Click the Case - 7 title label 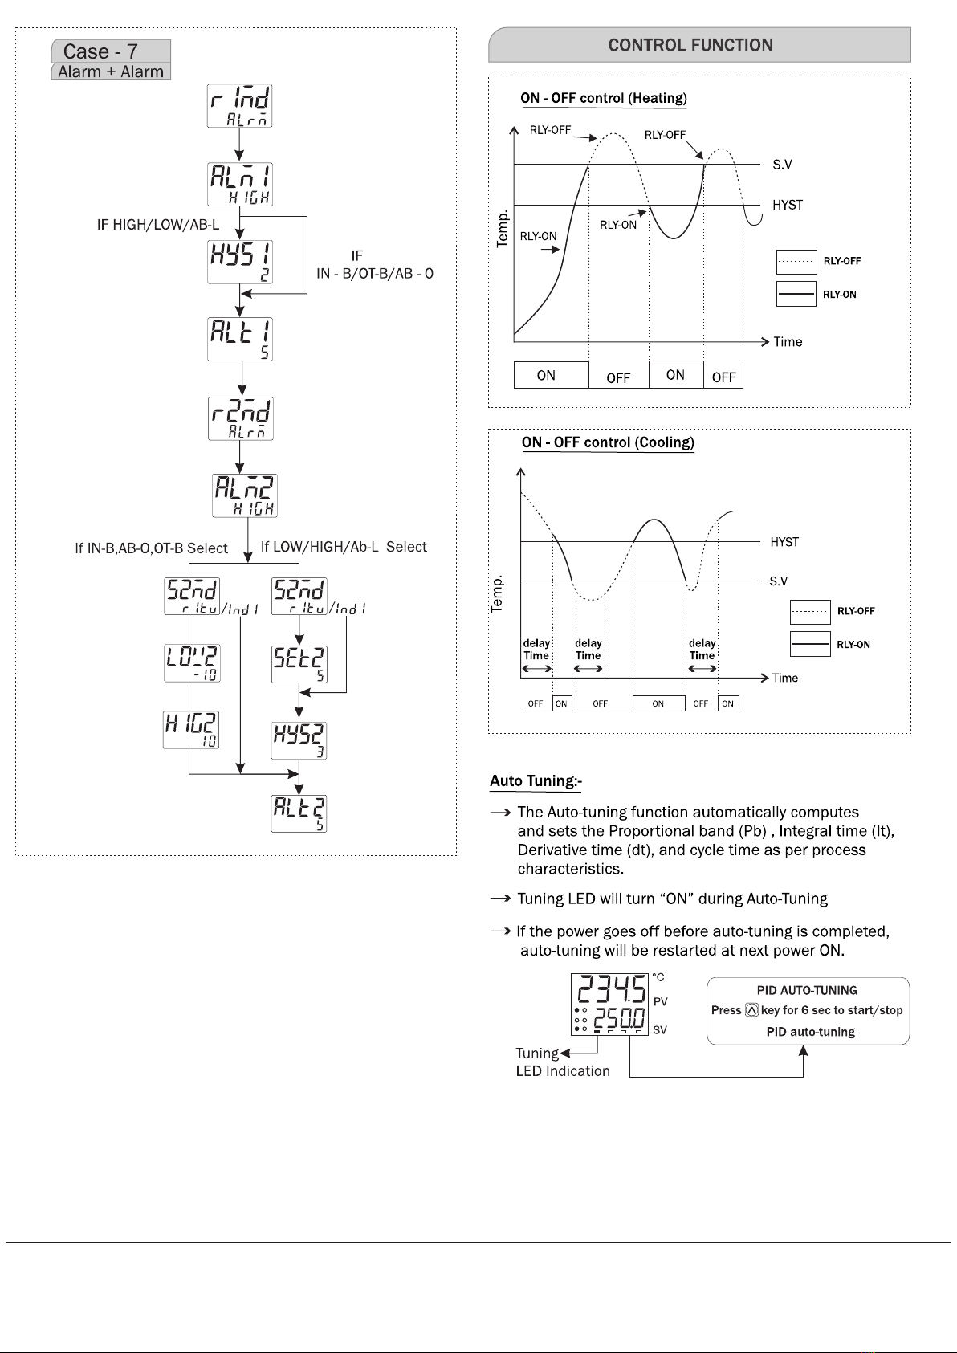[101, 51]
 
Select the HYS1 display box [240, 262]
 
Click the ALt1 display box [240, 339]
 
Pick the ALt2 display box [299, 813]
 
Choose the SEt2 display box [299, 664]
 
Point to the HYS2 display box [299, 740]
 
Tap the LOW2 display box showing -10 [192, 662]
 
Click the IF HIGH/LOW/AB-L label [158, 225]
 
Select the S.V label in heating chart [782, 165]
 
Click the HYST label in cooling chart [784, 542]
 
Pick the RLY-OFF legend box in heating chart [796, 262]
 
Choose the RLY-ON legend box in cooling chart [810, 644]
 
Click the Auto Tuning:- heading [536, 780]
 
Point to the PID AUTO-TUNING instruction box [808, 1011]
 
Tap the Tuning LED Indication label [562, 1062]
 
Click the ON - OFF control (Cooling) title [608, 442]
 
